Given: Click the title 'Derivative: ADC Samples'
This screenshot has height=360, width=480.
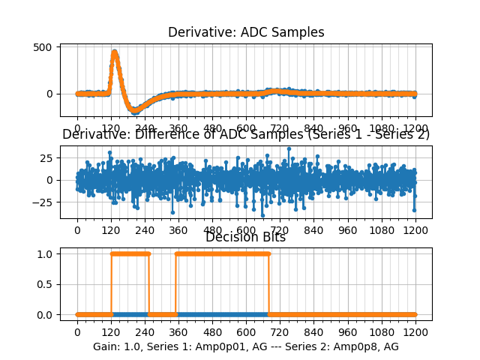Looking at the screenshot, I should pyautogui.click(x=246, y=32).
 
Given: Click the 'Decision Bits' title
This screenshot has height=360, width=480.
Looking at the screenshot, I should pyautogui.click(x=246, y=238).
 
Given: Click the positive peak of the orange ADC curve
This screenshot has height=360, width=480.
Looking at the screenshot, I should pyautogui.click(x=114, y=52).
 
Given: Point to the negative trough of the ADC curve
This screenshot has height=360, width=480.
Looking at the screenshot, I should pyautogui.click(x=135, y=111).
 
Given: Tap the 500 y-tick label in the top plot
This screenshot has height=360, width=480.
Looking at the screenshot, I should pyautogui.click(x=43, y=46).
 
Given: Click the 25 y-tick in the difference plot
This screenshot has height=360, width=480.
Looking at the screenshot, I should pyautogui.click(x=45, y=158).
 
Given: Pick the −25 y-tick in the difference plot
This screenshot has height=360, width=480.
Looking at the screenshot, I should pyautogui.click(x=43, y=202).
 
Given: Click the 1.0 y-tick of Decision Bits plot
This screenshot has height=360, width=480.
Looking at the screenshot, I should pyautogui.click(x=44, y=253).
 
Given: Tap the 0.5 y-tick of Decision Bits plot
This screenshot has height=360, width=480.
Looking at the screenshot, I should pyautogui.click(x=44, y=284).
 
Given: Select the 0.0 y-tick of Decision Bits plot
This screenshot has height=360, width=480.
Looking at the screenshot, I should pyautogui.click(x=44, y=315).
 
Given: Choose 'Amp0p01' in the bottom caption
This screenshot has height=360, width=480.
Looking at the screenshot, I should pyautogui.click(x=208, y=346).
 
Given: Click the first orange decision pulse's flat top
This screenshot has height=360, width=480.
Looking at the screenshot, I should pyautogui.click(x=130, y=253).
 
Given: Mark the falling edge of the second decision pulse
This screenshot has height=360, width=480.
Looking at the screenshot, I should pyautogui.click(x=269, y=284).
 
